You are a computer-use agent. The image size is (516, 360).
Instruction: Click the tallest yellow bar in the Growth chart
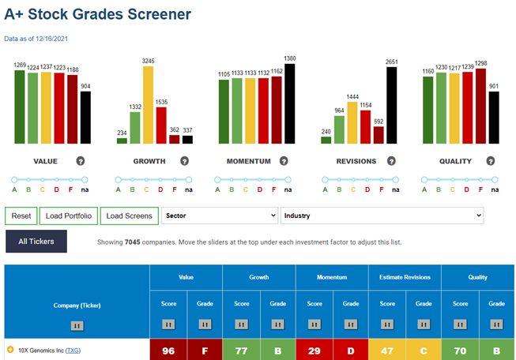pos(148,105)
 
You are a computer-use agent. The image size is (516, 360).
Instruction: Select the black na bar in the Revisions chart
pos(392,105)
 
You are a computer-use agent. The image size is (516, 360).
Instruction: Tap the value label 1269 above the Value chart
pos(20,65)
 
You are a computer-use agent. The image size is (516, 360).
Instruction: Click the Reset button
pos(21,216)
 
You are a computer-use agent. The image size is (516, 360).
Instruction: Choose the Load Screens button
pos(130,216)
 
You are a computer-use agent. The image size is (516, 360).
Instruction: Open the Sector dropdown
pos(220,216)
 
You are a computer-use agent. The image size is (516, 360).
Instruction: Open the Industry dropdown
pos(382,216)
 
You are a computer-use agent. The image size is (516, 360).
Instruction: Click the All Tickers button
pos(36,242)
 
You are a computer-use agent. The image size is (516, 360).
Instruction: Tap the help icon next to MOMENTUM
pos(284,161)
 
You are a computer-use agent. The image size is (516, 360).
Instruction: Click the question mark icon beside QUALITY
pos(491,161)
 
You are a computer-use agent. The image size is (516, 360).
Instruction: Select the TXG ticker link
pos(73,351)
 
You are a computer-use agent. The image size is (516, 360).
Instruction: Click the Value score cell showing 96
pos(168,351)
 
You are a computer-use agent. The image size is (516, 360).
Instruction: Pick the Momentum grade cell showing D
pos(351,351)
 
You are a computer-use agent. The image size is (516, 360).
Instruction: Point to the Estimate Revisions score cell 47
pos(387,351)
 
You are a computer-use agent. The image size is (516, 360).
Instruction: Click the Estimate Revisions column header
pos(405,277)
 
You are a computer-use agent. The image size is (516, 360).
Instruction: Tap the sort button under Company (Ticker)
pos(77,326)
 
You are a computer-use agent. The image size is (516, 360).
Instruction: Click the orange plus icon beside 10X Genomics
pos(10,350)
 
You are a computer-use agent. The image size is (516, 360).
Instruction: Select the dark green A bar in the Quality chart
pos(427,111)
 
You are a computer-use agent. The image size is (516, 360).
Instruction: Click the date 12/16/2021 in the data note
pos(51,39)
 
